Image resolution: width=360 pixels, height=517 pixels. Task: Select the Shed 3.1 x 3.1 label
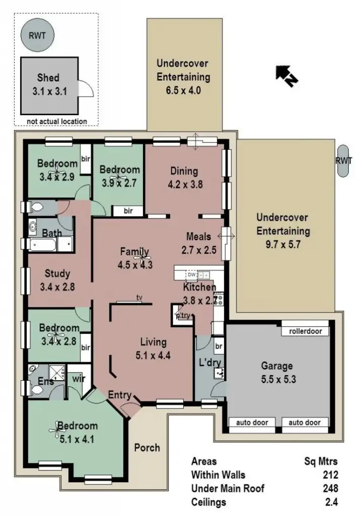pyautogui.click(x=48, y=85)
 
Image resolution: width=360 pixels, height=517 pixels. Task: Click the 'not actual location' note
pyautogui.click(x=57, y=121)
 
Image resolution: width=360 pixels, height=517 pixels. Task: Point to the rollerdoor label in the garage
pyautogui.click(x=305, y=332)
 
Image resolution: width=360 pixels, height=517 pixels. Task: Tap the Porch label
pyautogui.click(x=147, y=447)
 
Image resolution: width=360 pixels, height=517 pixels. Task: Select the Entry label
pyautogui.click(x=120, y=395)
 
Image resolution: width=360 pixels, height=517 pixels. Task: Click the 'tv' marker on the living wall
pyautogui.click(x=138, y=297)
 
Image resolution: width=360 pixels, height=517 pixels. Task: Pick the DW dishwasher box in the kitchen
pyautogui.click(x=191, y=275)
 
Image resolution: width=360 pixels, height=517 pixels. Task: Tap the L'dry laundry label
pyautogui.click(x=210, y=363)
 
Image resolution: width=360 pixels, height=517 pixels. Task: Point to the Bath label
pyautogui.click(x=52, y=234)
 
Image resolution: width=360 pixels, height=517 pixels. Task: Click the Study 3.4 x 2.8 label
pyautogui.click(x=57, y=280)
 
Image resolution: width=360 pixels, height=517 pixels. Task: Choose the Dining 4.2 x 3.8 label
pyautogui.click(x=184, y=178)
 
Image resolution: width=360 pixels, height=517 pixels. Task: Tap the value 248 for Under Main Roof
pyautogui.click(x=330, y=488)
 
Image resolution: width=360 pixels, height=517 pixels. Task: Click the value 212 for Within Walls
pyautogui.click(x=330, y=475)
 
